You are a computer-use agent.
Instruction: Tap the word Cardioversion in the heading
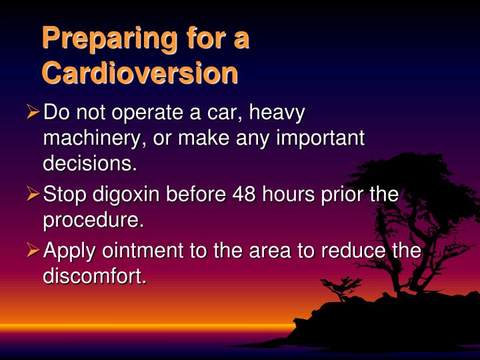pos(139,73)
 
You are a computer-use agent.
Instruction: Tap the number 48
pos(246,195)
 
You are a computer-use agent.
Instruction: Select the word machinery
pos(93,138)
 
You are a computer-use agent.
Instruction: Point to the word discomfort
pos(95,275)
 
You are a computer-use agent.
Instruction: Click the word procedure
pos(94,219)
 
